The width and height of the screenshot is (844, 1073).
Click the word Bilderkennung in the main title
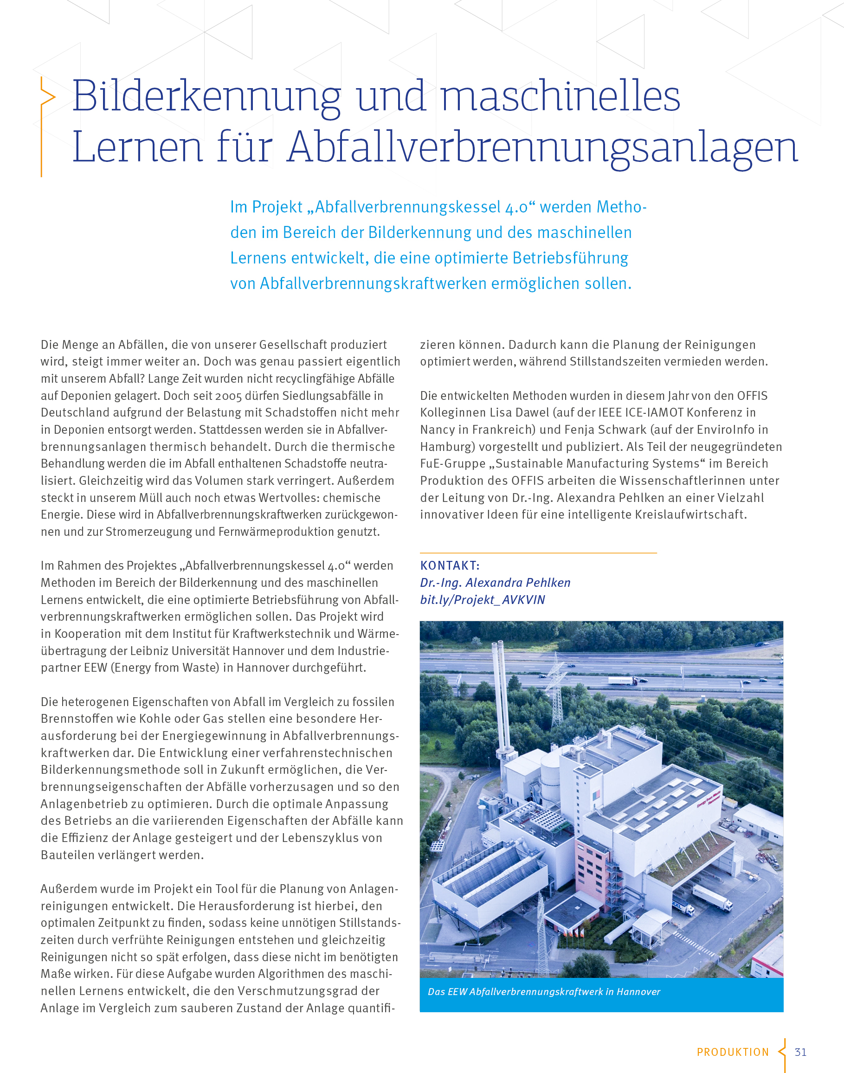coord(206,96)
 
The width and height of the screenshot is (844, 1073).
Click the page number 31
coord(800,1052)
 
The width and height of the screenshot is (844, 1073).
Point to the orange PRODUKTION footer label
coord(732,1052)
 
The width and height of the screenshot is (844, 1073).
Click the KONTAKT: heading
coord(450,565)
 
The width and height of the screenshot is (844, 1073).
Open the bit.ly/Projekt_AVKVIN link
coord(482,600)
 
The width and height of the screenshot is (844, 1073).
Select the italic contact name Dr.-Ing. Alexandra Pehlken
coord(495,583)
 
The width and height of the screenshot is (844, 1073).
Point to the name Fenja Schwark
coord(606,430)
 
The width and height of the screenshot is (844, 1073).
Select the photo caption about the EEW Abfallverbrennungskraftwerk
coord(543,991)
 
